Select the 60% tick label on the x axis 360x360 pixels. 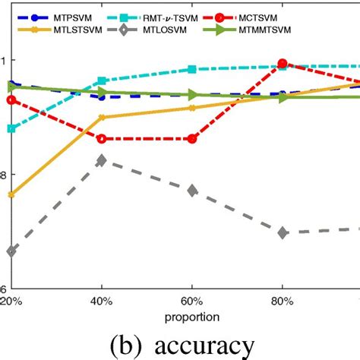pos(192,300)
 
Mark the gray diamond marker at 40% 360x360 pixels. pos(101,160)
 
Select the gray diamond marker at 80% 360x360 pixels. pos(283,232)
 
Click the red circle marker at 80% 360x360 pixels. pos(283,65)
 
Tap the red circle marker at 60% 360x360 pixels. pos(192,139)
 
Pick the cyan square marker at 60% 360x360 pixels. pos(192,69)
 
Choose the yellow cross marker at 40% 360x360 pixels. pos(101,118)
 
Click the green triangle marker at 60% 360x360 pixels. pos(192,95)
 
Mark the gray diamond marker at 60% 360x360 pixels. pos(192,190)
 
